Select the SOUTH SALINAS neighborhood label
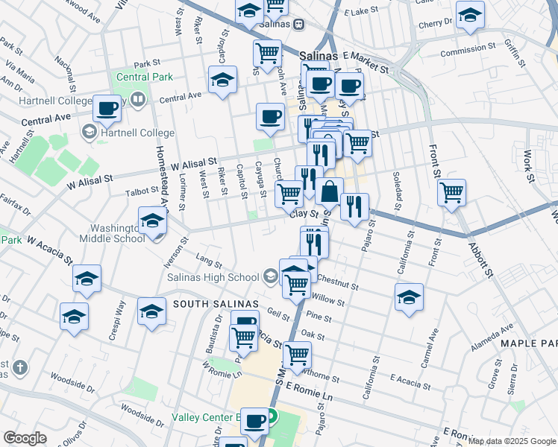[216, 304]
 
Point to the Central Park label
[145, 77]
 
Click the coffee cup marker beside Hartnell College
[107, 109]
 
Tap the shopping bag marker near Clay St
[329, 191]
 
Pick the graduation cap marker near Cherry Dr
[470, 15]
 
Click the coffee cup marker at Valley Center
[254, 421]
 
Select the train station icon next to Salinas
[298, 24]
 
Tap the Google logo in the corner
[25, 438]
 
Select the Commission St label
[468, 51]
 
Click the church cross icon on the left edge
[19, 367]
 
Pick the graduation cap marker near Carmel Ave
[409, 297]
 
